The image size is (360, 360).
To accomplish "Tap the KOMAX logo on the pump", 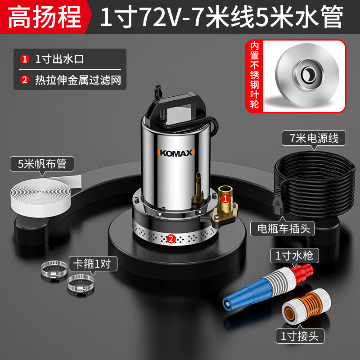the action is (176, 153).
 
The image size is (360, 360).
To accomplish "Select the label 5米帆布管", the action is (42, 164).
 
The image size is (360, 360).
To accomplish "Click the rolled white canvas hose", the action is (44, 195).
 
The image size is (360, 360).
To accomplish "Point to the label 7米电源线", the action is (314, 138).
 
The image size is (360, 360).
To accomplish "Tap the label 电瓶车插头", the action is (282, 229).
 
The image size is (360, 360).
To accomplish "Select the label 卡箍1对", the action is (93, 264).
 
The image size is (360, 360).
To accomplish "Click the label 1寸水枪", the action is (295, 256).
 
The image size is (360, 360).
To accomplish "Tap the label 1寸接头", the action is (300, 336).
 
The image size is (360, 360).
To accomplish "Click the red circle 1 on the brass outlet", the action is (225, 198).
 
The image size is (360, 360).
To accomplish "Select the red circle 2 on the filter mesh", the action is (171, 239).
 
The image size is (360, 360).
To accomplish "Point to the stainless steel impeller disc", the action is (307, 75).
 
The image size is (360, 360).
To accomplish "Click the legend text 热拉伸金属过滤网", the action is (78, 80).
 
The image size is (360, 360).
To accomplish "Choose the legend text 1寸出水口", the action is (59, 59).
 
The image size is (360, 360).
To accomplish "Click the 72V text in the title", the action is (160, 17).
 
